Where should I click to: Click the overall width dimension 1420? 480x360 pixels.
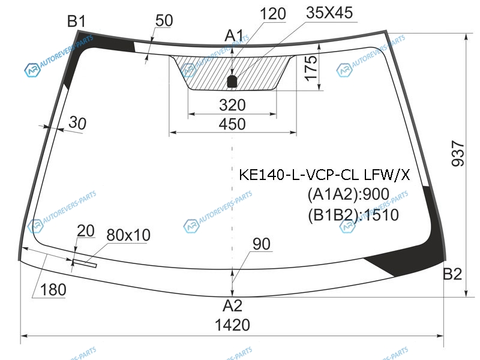232,326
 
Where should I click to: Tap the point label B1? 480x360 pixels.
76,22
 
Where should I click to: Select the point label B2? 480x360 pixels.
452,275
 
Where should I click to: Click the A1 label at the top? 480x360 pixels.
233,36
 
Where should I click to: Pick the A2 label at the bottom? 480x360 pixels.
232,306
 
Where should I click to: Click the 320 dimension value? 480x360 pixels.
232,105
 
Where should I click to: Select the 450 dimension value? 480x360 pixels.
232,124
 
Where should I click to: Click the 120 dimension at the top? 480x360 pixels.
273,13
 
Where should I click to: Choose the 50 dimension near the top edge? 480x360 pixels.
163,20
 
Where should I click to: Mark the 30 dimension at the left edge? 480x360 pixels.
77,123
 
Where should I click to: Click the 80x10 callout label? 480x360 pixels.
128,235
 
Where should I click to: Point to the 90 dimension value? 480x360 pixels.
262,244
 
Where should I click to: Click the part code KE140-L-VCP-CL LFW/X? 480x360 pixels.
325,175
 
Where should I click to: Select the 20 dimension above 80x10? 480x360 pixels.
86,231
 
